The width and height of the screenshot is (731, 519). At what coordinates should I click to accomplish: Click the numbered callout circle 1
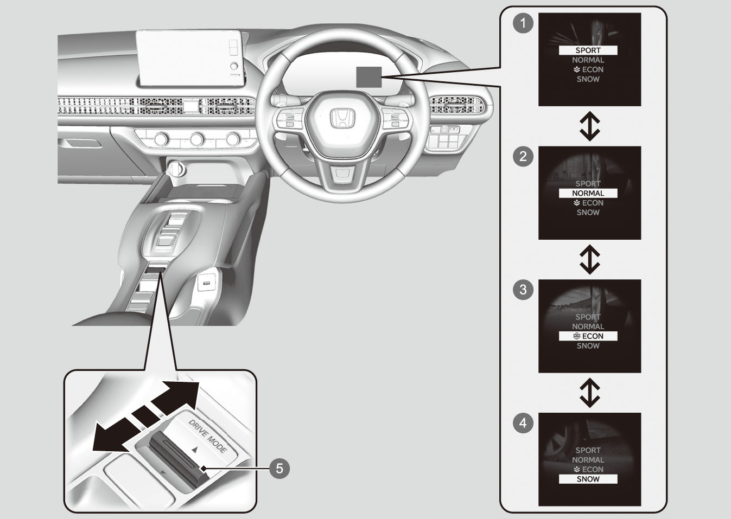tap(523, 23)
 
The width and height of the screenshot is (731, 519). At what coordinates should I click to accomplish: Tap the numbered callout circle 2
tap(523, 157)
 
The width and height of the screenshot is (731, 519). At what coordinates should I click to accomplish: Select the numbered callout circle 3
tap(523, 290)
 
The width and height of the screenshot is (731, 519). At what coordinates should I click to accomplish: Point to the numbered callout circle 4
tap(523, 423)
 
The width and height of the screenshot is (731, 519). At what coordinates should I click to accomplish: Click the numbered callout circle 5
tap(279, 469)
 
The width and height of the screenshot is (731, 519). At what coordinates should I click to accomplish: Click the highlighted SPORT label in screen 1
tap(588, 50)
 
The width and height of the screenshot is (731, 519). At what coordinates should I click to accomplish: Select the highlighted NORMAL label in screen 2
tap(588, 193)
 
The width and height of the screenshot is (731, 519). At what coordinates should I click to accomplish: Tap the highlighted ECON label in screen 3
tap(588, 336)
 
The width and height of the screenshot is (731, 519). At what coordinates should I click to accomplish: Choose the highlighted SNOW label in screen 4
tap(588, 479)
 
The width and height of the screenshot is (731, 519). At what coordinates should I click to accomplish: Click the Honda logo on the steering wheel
tap(342, 119)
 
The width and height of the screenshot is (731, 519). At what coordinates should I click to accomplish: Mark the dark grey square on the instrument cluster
tap(369, 78)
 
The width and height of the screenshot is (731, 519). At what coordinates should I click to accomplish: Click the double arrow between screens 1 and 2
tap(590, 126)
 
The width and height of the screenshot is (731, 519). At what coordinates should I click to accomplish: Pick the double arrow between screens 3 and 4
tap(590, 393)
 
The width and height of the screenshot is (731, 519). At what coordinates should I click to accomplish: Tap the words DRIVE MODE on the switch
tap(208, 437)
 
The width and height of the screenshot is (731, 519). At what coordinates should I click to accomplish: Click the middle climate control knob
tap(197, 139)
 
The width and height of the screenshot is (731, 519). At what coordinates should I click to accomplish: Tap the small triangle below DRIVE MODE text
tap(195, 450)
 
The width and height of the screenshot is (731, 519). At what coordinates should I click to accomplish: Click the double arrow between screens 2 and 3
tap(590, 260)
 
